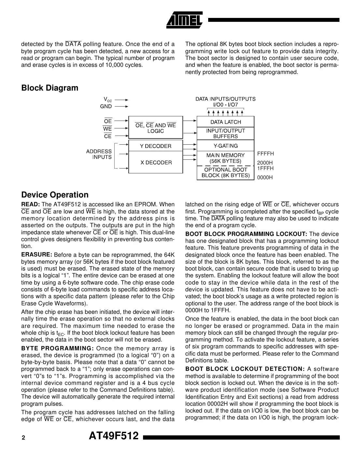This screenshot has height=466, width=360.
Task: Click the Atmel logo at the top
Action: [x=184, y=20]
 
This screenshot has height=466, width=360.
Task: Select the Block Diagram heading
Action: [x=50, y=88]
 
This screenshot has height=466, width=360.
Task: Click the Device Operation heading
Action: [x=55, y=195]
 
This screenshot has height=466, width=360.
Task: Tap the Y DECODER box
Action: [x=155, y=146]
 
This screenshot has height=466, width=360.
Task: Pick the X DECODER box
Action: [x=155, y=162]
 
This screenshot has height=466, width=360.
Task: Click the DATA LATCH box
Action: [x=225, y=122]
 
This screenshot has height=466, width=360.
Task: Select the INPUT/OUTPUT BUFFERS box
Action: [x=225, y=133]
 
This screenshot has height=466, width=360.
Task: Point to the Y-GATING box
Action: [x=225, y=146]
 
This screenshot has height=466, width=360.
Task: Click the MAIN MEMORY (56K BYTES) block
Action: [x=225, y=158]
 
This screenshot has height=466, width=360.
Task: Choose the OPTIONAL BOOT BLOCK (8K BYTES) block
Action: [x=225, y=173]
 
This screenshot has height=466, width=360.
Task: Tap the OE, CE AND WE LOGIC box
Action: [x=155, y=128]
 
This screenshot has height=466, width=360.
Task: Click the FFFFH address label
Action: [x=266, y=153]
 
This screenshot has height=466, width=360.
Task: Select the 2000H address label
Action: [x=265, y=163]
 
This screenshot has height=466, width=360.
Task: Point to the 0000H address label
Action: [x=265, y=178]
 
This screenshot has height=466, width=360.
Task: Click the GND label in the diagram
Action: [x=106, y=106]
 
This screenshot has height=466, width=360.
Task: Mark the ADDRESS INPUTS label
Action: [x=99, y=154]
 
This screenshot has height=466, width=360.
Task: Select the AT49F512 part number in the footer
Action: [x=114, y=436]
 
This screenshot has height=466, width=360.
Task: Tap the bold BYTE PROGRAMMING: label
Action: [x=58, y=348]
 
